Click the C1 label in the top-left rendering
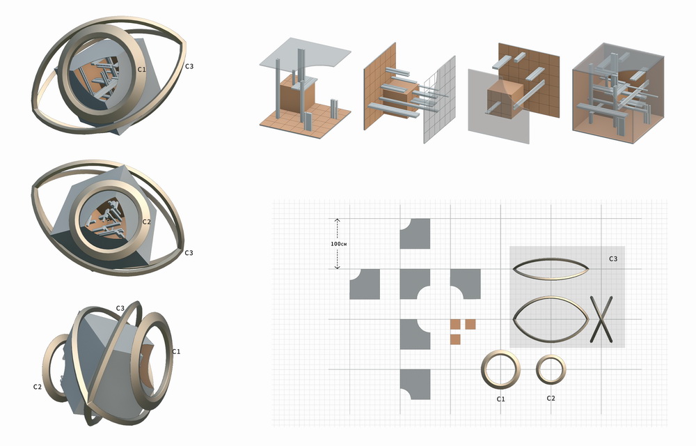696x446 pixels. [141, 69]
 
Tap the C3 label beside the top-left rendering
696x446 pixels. [189, 66]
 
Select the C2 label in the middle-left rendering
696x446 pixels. [147, 222]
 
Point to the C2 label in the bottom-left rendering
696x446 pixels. [38, 387]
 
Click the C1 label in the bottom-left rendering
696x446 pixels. [176, 351]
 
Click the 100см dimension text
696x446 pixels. [339, 244]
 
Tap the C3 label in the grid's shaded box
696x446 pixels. [613, 259]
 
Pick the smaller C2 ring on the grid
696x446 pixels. [538, 369]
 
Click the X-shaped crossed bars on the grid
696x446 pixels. [601, 319]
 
